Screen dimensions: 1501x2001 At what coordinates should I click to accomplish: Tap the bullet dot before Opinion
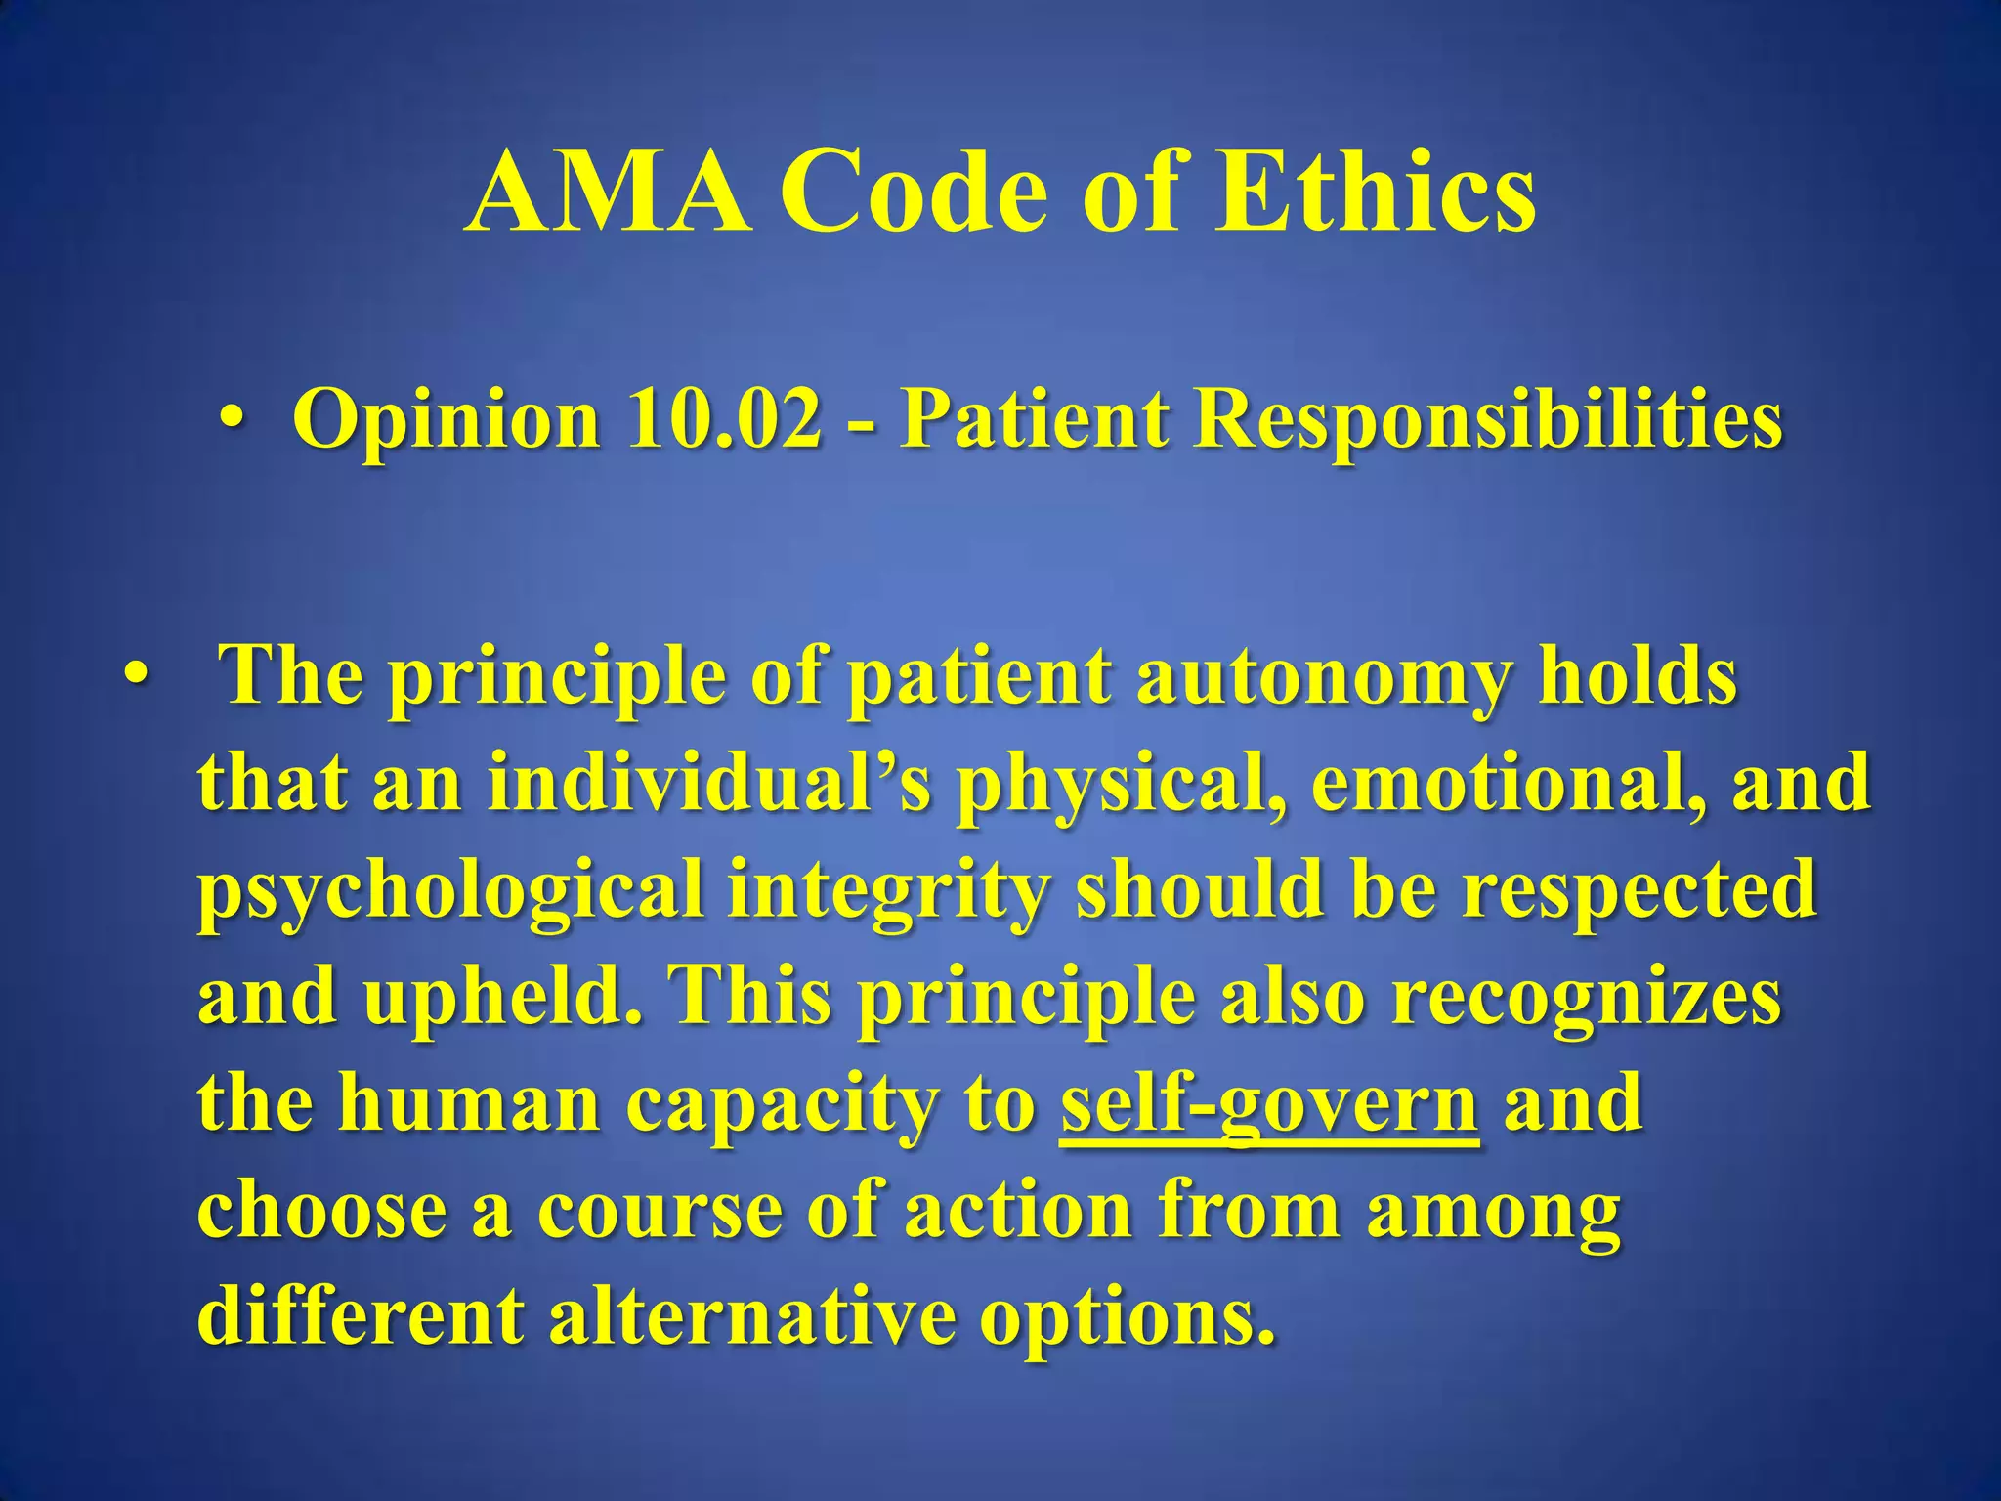[x=232, y=419]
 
